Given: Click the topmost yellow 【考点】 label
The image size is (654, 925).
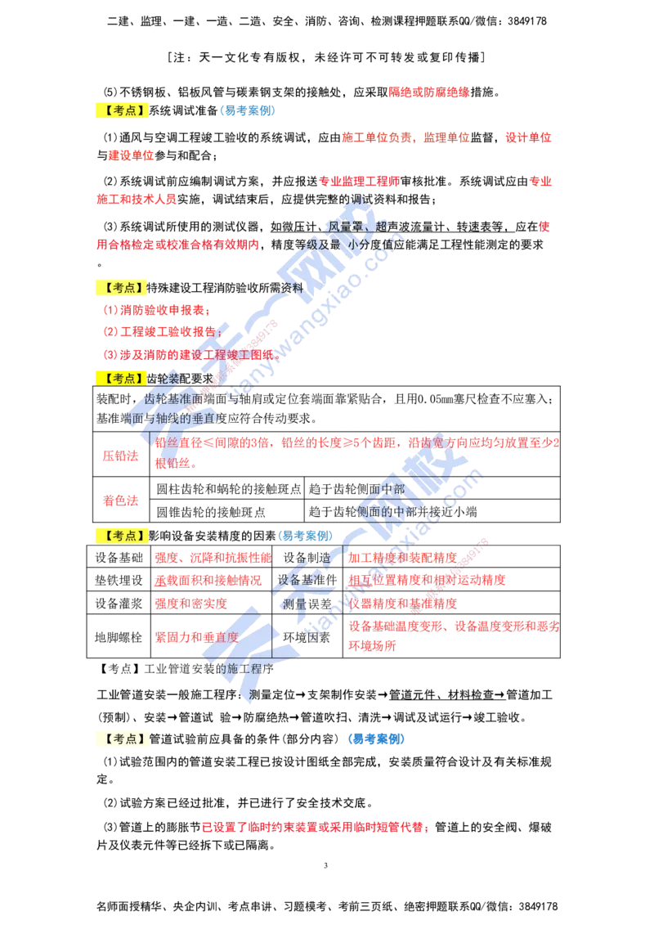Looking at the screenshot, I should tap(121, 111).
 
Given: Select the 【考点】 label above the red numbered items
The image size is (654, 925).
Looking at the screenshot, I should tap(121, 287).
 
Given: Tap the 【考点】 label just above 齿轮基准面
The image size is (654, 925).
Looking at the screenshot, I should tap(121, 378).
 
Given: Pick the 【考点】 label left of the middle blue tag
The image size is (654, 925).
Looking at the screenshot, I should tap(121, 536).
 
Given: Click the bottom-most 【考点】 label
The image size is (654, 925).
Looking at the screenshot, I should tap(121, 739).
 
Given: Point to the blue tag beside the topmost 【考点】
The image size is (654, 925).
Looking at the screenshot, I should tap(247, 110).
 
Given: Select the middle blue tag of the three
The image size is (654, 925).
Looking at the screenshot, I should tap(306, 537).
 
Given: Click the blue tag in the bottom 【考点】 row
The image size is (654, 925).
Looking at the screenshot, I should tap(376, 739).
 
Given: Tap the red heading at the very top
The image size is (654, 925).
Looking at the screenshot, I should tap(428, 92).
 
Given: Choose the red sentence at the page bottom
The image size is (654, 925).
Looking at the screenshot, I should tap(316, 828).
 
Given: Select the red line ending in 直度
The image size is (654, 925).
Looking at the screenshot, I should tap(196, 636).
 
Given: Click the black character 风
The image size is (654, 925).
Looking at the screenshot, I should tap(334, 225).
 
